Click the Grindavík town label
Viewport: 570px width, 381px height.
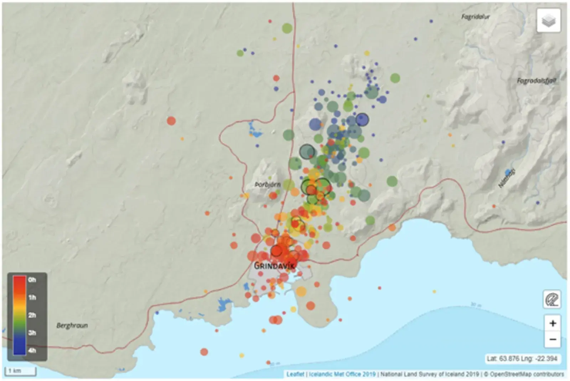coord(274,266)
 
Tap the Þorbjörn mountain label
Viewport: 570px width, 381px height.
coord(268,185)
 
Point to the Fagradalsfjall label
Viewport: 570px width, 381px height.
coord(537,81)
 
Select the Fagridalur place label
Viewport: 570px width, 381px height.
coord(476,17)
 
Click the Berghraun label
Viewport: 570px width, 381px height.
coord(72,325)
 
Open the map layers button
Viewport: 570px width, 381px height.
coord(549,21)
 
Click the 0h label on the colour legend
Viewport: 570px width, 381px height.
coord(32,280)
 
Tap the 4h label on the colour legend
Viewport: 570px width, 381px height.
coord(32,350)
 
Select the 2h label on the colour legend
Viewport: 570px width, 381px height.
coord(32,315)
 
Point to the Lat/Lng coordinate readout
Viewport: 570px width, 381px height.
coord(522,359)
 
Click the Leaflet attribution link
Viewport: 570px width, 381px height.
coord(295,374)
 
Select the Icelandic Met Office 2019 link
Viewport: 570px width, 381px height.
coord(342,374)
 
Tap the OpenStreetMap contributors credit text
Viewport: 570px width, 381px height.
coord(527,374)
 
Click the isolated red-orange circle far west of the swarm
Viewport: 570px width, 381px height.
coord(171,121)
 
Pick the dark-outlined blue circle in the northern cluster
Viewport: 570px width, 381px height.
coord(362,120)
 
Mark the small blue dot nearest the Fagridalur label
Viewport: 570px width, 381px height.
coord(431,21)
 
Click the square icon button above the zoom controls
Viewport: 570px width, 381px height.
coord(552,299)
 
